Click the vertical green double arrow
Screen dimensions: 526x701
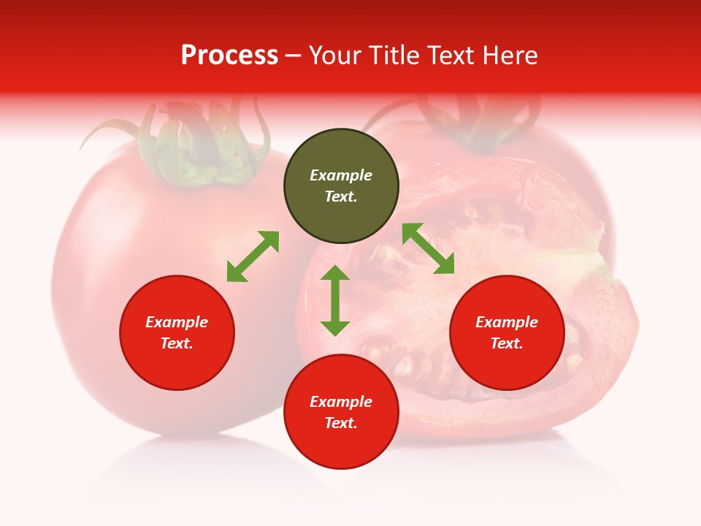335,300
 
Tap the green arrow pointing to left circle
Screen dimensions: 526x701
253,256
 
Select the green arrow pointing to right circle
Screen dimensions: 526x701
429,248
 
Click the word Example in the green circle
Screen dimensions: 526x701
341,175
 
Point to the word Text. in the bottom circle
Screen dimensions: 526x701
341,423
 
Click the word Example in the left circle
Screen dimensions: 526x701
177,322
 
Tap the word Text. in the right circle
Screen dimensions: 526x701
507,343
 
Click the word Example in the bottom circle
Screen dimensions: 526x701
341,402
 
